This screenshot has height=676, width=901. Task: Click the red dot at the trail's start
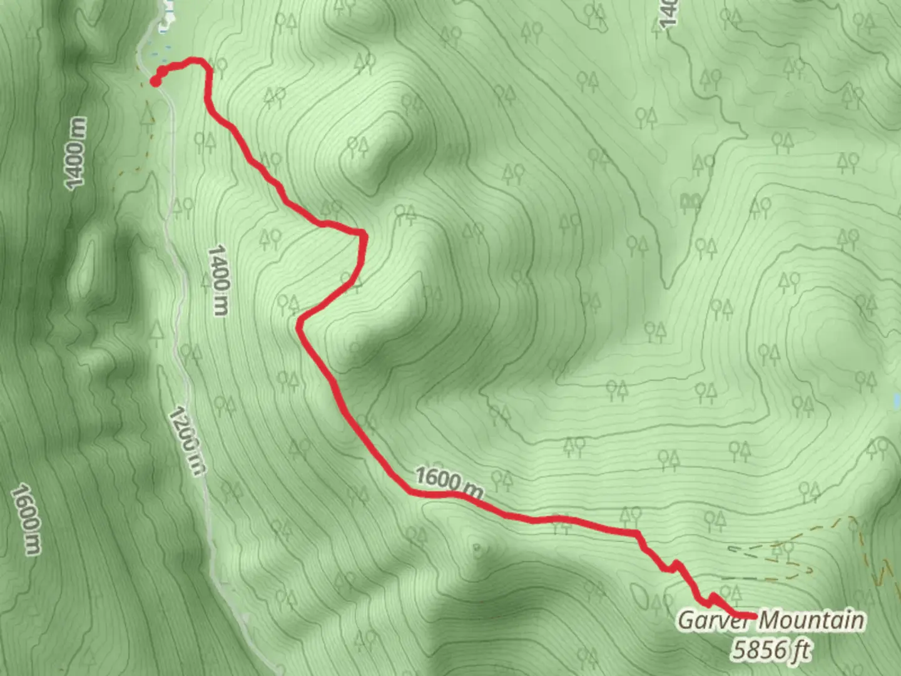coord(155,80)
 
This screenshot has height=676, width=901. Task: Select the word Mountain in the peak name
coord(813,620)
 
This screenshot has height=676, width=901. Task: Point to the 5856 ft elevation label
coord(771,650)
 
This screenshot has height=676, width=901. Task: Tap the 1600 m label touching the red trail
coord(449,481)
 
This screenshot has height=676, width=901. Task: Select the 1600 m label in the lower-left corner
coord(27,519)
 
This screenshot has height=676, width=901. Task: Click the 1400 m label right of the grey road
coord(218,280)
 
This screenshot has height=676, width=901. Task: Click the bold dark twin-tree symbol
coord(690,202)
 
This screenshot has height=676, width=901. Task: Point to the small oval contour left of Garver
coord(639,595)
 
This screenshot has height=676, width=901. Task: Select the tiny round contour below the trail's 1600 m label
coord(477,550)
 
